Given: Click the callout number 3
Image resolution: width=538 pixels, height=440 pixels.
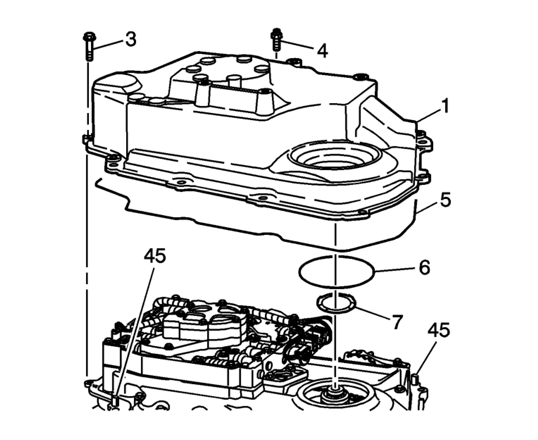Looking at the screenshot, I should (131, 39).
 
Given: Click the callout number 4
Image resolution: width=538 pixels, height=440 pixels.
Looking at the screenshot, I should (322, 51).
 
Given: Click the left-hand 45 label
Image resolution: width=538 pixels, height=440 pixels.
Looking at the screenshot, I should (155, 257).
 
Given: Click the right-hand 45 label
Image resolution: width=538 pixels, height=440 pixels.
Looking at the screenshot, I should (438, 330).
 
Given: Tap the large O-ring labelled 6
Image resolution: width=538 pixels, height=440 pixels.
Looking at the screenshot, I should (336, 271).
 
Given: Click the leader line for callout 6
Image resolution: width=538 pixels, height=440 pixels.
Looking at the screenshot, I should (394, 269).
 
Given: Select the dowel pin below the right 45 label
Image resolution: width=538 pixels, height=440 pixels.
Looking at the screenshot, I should (416, 379).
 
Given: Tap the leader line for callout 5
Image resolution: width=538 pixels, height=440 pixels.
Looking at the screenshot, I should (427, 206).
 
